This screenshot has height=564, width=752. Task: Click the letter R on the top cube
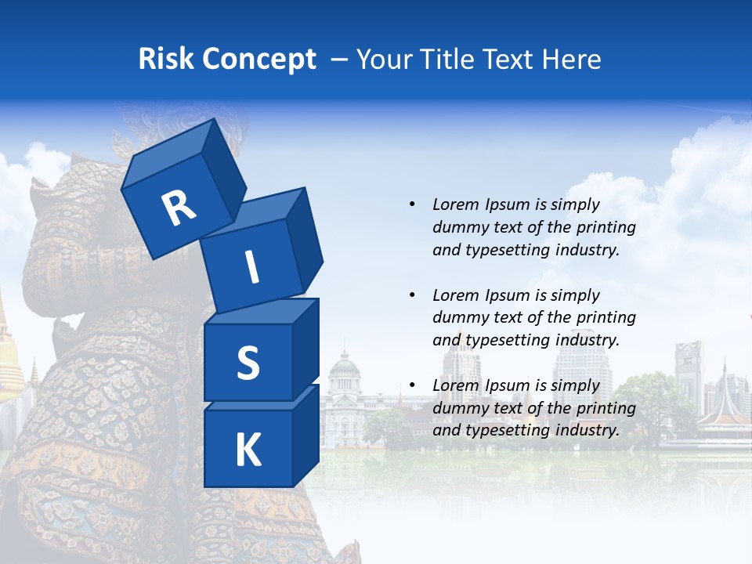179,208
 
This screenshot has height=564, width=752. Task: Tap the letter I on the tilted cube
251,269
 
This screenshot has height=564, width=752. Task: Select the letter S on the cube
248,363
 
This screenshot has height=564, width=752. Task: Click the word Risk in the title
166,60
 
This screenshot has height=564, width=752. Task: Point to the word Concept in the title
258,60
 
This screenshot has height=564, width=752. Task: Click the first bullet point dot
412,204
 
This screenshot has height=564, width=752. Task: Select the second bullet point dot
412,295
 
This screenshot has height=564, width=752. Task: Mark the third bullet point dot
412,385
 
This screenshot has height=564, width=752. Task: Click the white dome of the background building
344,362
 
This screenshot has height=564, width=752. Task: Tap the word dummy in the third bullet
458,408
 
